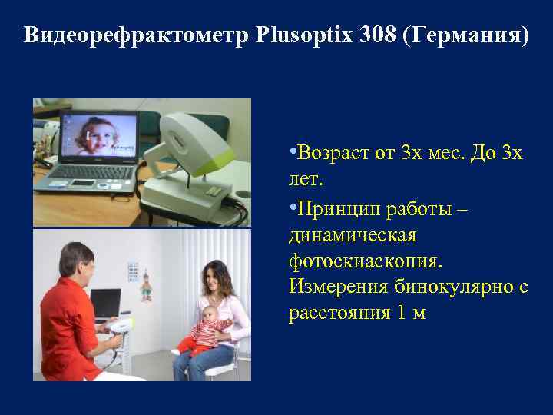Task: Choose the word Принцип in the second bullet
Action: [335, 209]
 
